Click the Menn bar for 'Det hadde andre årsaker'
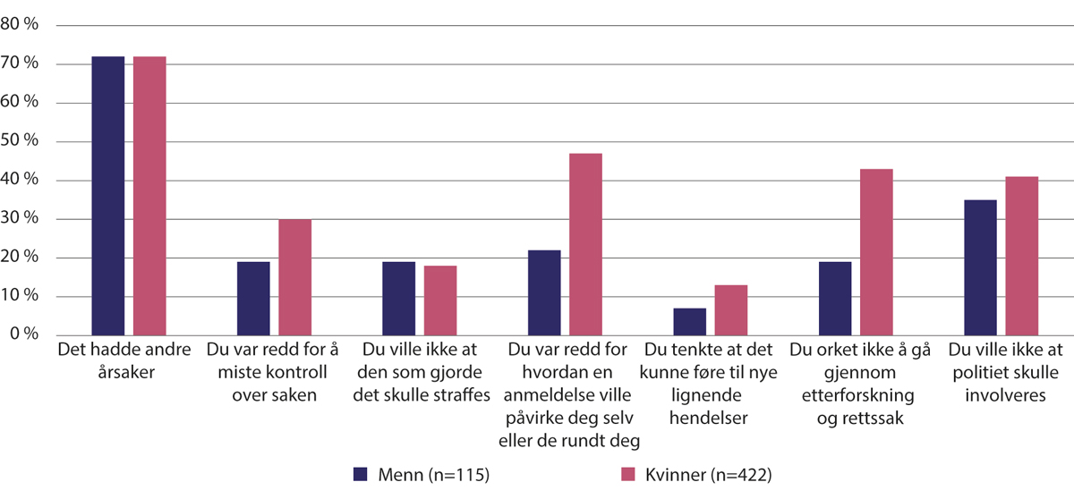click(108, 196)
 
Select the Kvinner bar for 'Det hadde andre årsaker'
click(149, 196)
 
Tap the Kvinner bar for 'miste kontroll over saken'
click(295, 277)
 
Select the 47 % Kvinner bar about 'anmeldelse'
click(585, 244)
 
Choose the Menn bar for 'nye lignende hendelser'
click(689, 322)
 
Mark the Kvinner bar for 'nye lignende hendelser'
click(730, 310)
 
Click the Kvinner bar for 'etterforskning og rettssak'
click(875, 252)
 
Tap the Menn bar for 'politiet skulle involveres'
click(980, 267)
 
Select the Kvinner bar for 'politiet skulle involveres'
click(1021, 256)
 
